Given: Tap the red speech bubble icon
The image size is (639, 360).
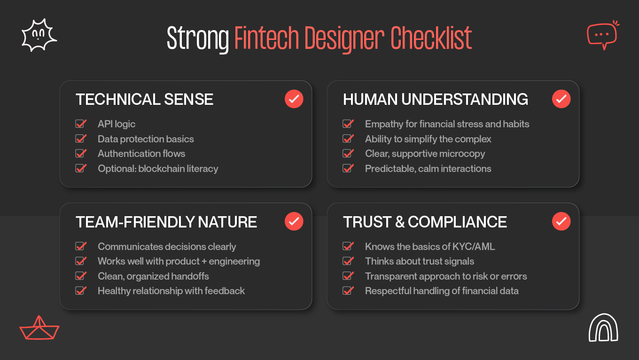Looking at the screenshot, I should click(x=602, y=35).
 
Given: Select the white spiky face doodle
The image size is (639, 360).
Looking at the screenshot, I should click(x=39, y=36).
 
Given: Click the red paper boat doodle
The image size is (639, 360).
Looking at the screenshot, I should click(x=39, y=328).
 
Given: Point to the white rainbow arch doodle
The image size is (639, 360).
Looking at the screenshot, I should click(x=603, y=328).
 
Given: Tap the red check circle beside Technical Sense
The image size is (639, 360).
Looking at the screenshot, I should click(x=294, y=99).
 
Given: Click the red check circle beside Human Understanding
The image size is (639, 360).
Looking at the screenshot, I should click(x=561, y=99).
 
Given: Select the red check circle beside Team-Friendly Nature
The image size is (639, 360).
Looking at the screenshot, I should click(x=294, y=221).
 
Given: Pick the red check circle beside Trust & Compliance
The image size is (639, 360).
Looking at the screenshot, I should click(x=561, y=221).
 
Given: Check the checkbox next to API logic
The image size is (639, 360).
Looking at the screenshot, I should click(x=80, y=124).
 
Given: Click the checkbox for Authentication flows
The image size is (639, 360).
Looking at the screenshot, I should click(x=80, y=154).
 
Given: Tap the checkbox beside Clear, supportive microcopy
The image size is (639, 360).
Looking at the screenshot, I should click(x=348, y=154).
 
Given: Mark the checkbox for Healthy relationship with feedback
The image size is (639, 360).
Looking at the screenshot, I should click(x=80, y=291).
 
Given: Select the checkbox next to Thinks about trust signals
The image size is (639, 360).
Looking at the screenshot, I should click(x=348, y=261).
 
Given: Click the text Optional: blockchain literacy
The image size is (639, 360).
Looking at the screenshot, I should click(x=158, y=169).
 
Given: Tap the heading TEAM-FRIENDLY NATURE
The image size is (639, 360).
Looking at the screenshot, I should click(x=166, y=222).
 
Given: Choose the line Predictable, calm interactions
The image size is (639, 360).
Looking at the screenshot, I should click(x=428, y=169).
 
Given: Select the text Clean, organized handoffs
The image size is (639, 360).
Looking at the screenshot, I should click(x=153, y=276).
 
